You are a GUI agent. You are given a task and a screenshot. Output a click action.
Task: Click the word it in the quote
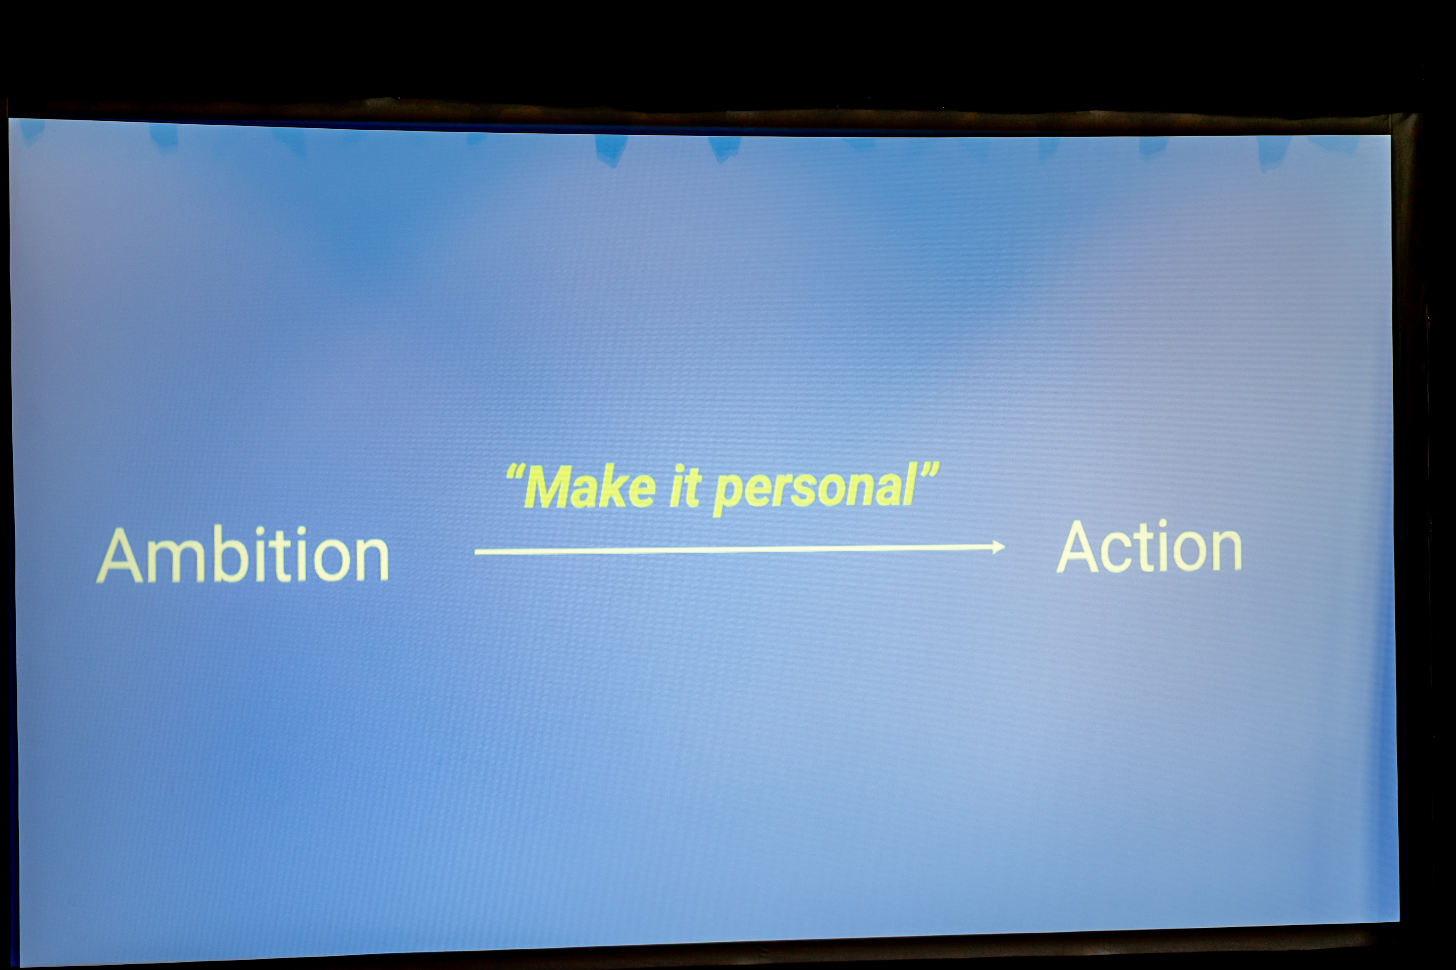(x=685, y=487)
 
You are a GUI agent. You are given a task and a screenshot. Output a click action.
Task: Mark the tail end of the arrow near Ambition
(x=476, y=552)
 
